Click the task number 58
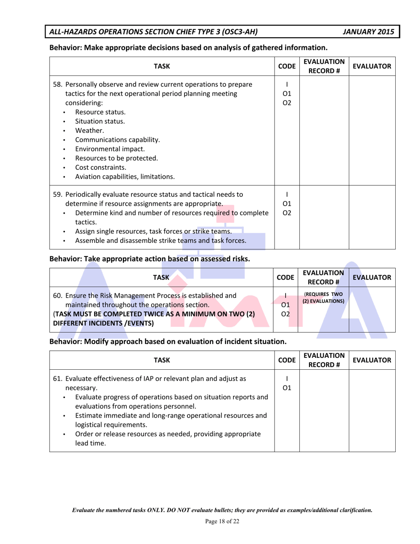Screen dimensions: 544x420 (57, 84)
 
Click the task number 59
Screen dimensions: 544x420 (57, 194)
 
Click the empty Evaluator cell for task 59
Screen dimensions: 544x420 (372, 218)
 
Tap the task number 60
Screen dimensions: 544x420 (57, 295)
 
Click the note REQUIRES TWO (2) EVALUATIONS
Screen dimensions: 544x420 (324, 298)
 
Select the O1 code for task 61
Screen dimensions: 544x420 (287, 388)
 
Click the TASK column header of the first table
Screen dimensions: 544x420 (161, 67)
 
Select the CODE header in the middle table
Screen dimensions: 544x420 (287, 277)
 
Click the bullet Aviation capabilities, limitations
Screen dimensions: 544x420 (124, 176)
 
